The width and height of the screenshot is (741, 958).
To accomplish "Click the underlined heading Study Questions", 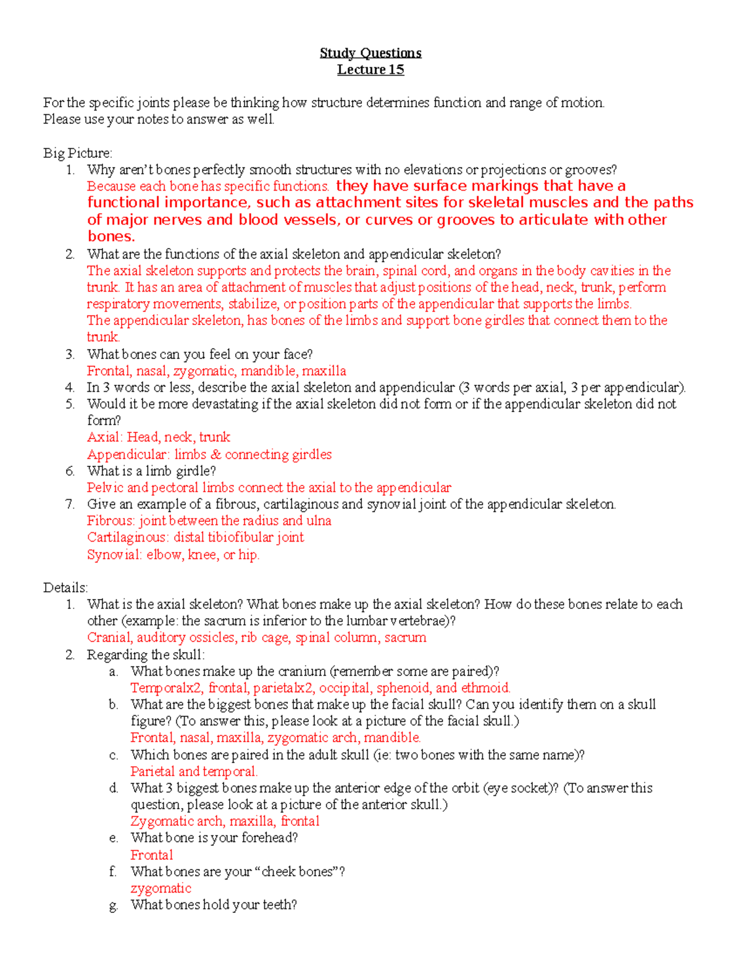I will [x=371, y=53].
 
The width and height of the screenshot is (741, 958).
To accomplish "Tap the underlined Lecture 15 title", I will [x=371, y=70].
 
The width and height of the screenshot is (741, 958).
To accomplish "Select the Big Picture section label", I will [x=78, y=153].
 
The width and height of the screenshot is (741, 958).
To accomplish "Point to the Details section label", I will [x=65, y=587].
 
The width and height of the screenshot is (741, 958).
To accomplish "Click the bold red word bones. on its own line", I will [x=111, y=237].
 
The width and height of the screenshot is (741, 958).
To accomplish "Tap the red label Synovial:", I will [x=115, y=555].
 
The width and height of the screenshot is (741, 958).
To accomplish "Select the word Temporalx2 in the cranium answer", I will [x=166, y=688].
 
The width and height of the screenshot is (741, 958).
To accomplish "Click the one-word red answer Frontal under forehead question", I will [x=151, y=855].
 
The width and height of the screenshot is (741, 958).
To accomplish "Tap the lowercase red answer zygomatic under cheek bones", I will [x=161, y=888].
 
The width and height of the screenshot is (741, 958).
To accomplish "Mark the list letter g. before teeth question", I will [x=113, y=905].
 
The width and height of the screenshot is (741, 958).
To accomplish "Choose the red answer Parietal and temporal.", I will [x=194, y=772].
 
